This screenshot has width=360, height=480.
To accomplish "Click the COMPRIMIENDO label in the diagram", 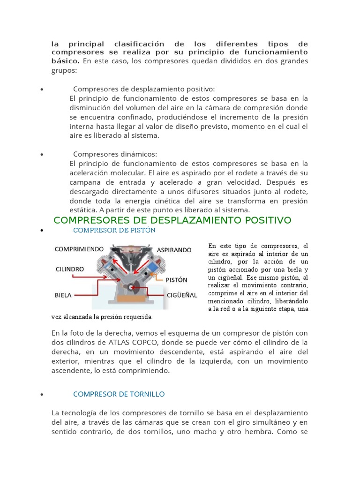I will pyautogui.click(x=79, y=249).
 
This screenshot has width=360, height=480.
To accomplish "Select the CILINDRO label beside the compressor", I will pyautogui.click(x=70, y=270).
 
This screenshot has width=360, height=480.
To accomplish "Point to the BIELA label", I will pyautogui.click(x=63, y=295).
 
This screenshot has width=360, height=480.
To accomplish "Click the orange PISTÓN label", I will pyautogui.click(x=176, y=280).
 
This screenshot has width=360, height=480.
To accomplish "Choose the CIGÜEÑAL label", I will pyautogui.click(x=182, y=295).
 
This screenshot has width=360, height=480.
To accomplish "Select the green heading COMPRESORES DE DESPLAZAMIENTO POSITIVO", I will pyautogui.click(x=172, y=220).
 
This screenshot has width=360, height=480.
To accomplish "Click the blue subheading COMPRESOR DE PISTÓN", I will pyautogui.click(x=114, y=231).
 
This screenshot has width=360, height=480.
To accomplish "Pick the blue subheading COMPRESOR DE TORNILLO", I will pyautogui.click(x=119, y=394).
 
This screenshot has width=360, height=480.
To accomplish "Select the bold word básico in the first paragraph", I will pyautogui.click(x=65, y=61).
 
